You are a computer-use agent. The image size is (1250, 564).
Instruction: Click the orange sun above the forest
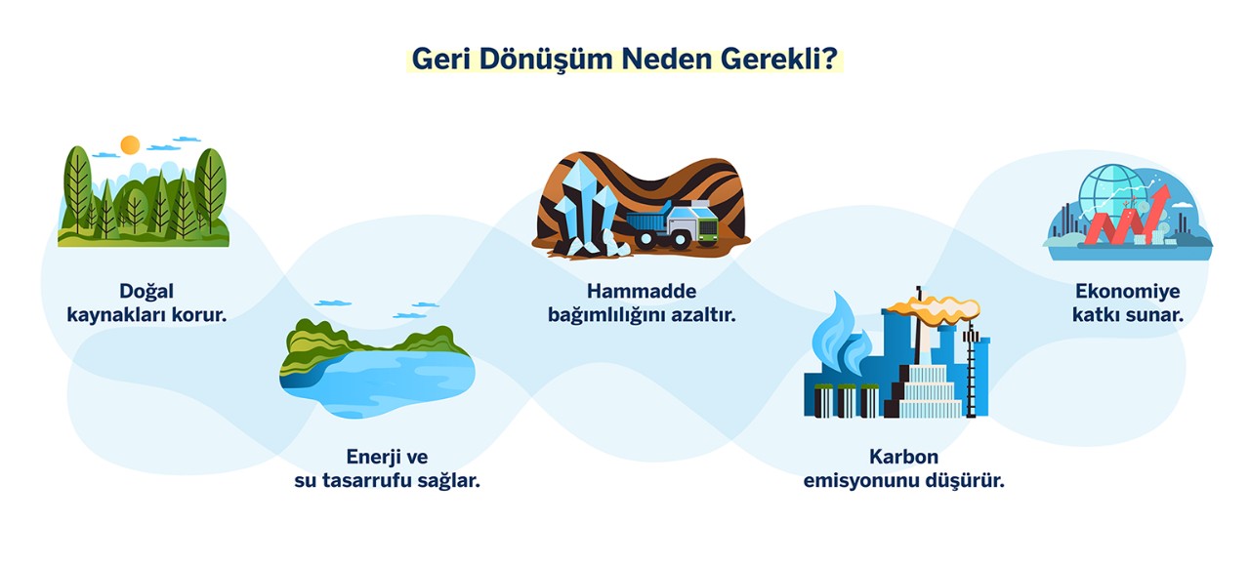(x=130, y=145)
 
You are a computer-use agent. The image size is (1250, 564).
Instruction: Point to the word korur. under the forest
(x=199, y=315)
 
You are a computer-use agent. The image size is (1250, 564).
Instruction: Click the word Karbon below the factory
(x=903, y=457)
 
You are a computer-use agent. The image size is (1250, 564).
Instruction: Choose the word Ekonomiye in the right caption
(x=1127, y=291)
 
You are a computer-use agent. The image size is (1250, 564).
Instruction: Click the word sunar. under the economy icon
(x=1156, y=315)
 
